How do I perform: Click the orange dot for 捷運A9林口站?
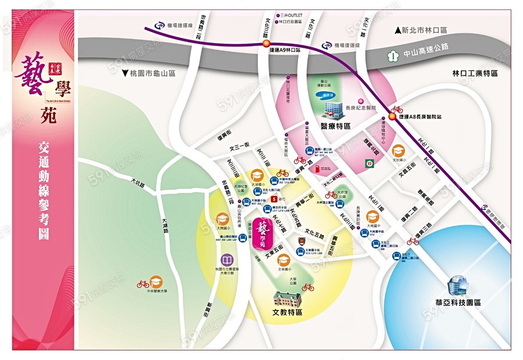266,44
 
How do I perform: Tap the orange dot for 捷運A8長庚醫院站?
393,116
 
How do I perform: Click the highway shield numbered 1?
393,56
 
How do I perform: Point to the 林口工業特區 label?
475,74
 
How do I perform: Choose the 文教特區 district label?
287,312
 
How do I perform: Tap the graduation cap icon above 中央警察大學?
156,281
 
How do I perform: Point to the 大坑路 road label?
138,186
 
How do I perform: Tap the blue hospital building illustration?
334,107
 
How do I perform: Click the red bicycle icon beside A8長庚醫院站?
396,109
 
